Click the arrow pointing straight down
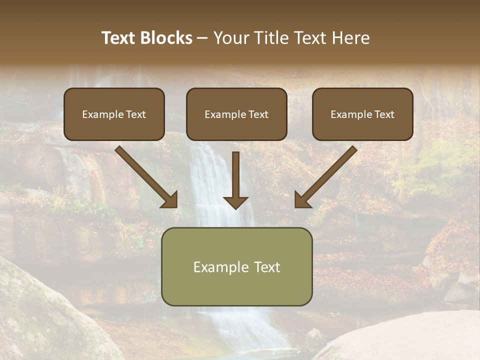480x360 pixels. [x=235, y=175]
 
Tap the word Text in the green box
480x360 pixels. [x=266, y=267]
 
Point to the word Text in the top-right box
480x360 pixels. [x=384, y=114]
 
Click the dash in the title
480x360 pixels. [x=202, y=38]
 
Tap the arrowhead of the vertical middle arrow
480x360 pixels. [x=235, y=202]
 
